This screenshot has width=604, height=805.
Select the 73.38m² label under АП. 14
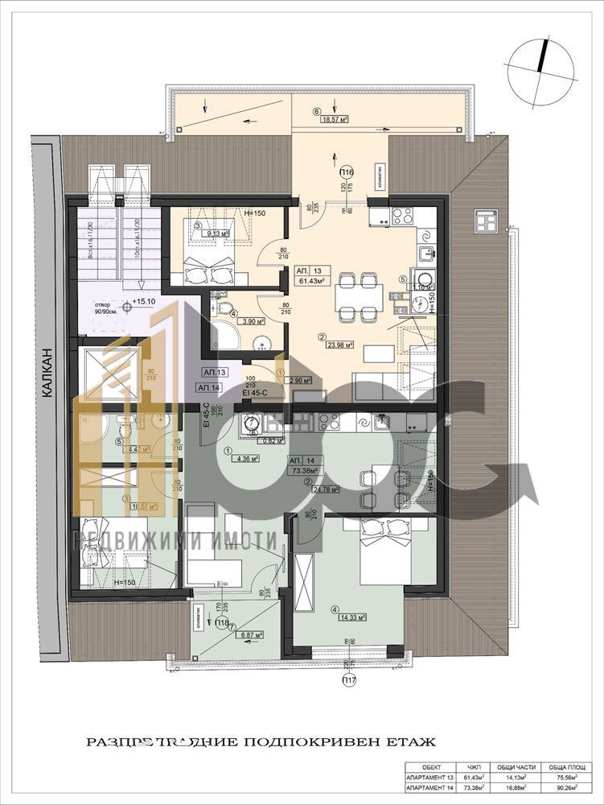(305, 472)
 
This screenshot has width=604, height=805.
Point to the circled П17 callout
(349, 680)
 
